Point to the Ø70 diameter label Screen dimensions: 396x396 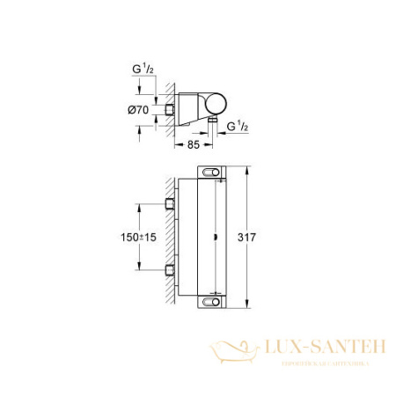coord(125,109)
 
